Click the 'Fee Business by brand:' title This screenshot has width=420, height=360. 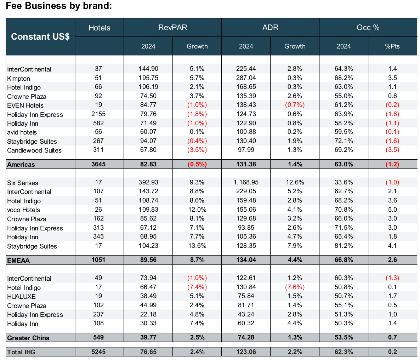(59, 6)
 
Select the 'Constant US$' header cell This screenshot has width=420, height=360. (40, 37)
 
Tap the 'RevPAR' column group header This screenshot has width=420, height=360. (172, 28)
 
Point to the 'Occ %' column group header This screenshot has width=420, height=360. (368, 28)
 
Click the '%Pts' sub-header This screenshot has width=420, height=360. (392, 46)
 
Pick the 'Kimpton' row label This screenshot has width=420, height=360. (19, 79)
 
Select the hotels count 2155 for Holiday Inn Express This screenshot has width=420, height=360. (98, 114)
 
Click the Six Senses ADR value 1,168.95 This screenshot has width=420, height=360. (246, 182)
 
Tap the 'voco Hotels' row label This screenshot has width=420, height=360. (24, 210)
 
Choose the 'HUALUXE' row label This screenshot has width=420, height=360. (21, 297)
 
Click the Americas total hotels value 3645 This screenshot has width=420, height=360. (98, 164)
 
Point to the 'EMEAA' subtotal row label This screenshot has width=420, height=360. (18, 260)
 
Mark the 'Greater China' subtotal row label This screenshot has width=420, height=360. (28, 338)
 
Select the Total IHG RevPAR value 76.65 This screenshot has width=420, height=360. (148, 352)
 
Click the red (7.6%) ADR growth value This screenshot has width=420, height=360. (295, 287)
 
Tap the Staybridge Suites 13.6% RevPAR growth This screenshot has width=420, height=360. (197, 246)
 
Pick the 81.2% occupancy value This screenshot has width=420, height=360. (344, 246)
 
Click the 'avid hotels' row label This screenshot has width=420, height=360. (22, 132)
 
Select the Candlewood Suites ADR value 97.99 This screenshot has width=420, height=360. (246, 150)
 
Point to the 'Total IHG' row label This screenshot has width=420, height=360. (21, 352)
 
